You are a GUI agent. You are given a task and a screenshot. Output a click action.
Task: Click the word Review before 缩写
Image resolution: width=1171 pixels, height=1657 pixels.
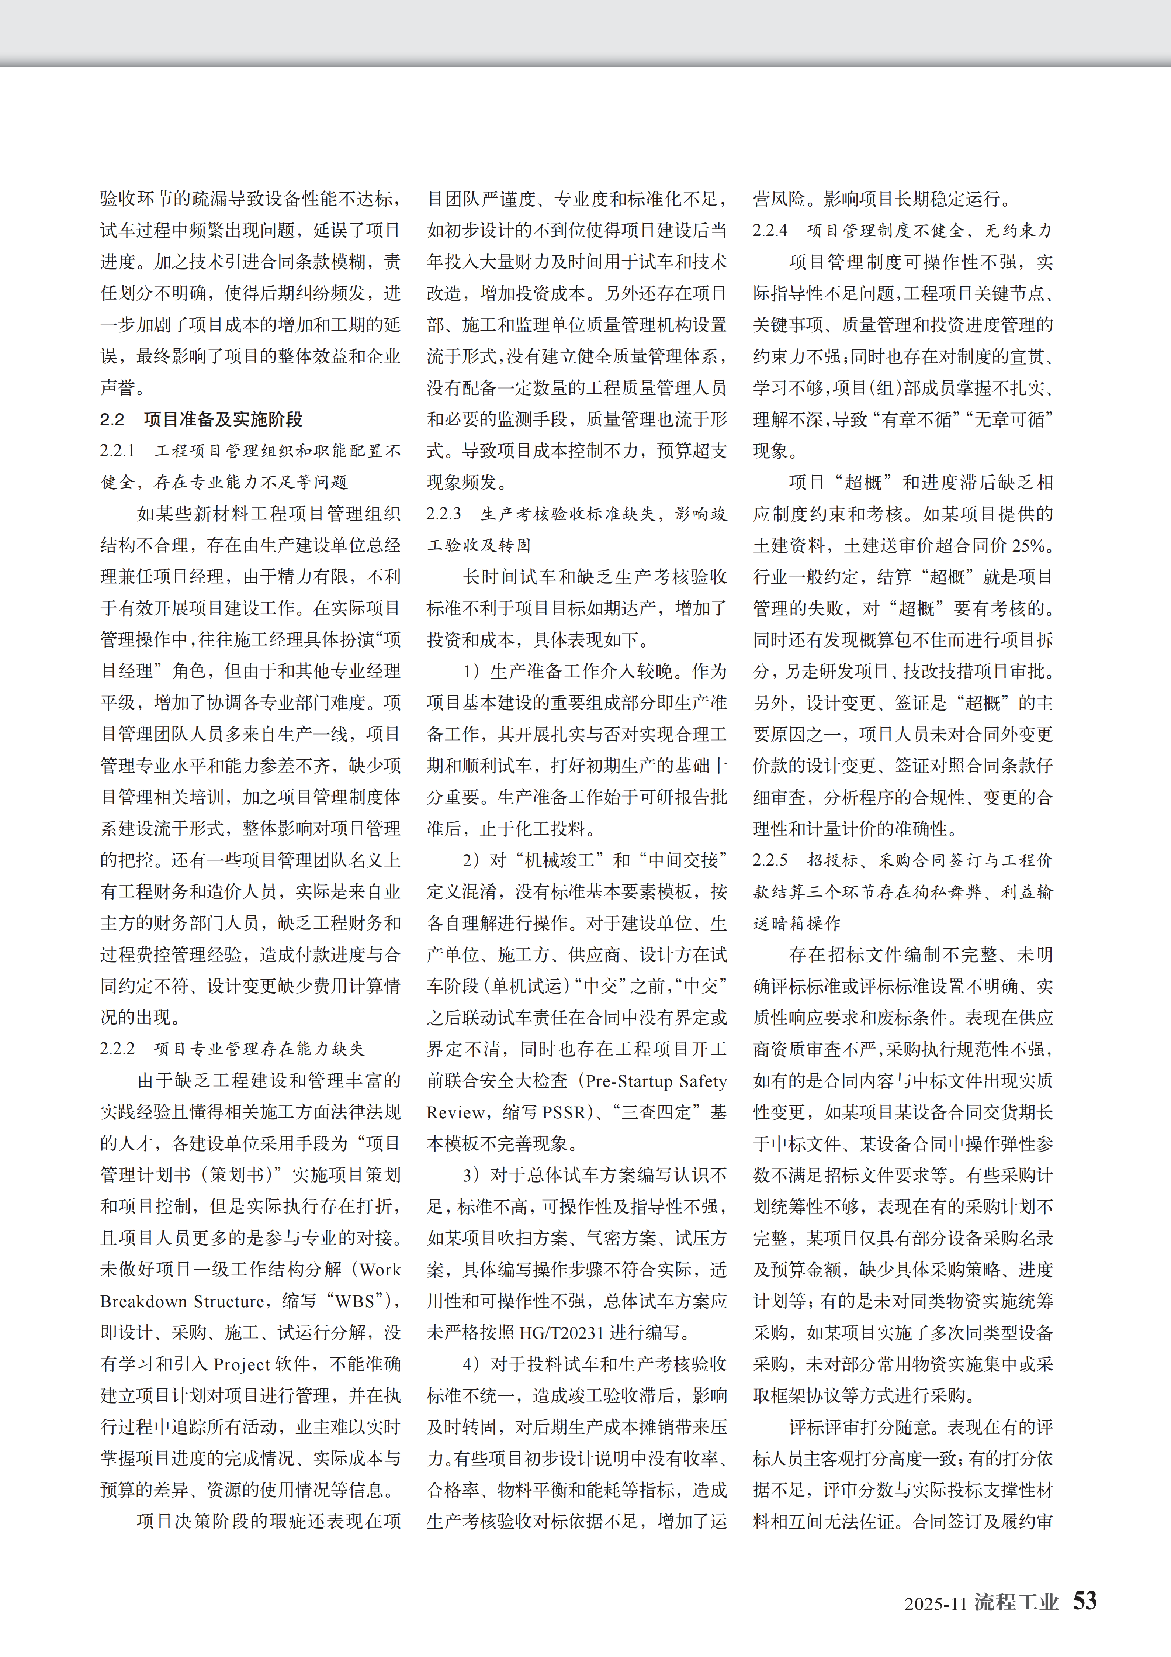tap(456, 1112)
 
